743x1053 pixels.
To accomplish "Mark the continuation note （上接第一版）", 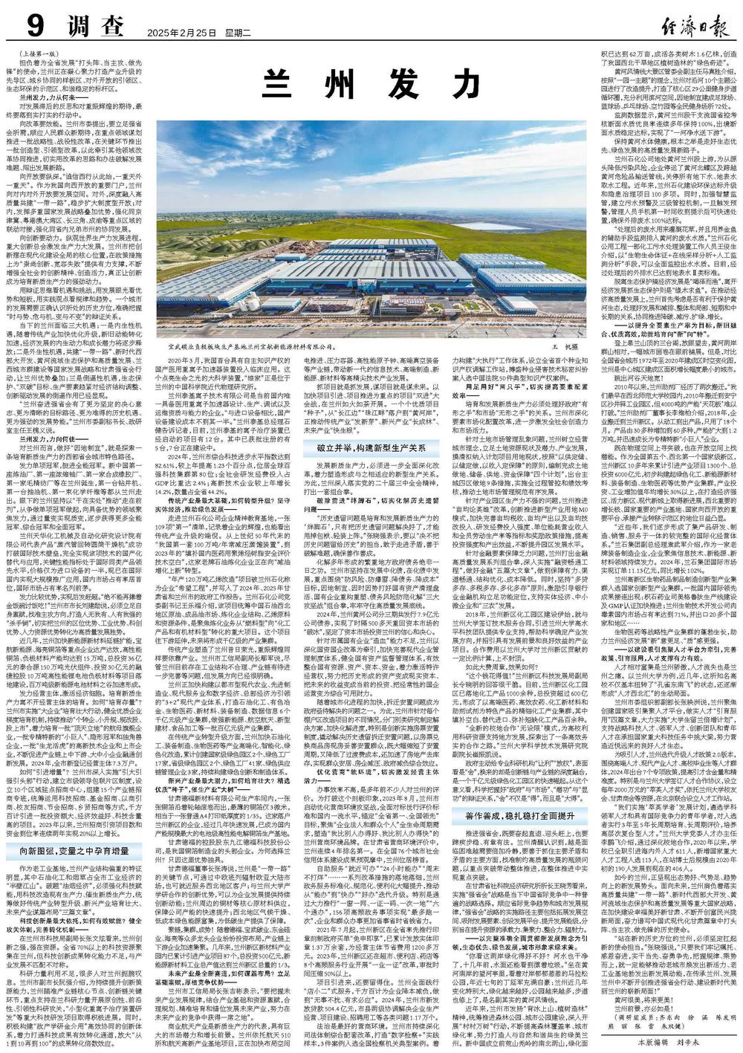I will point(45,54).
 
